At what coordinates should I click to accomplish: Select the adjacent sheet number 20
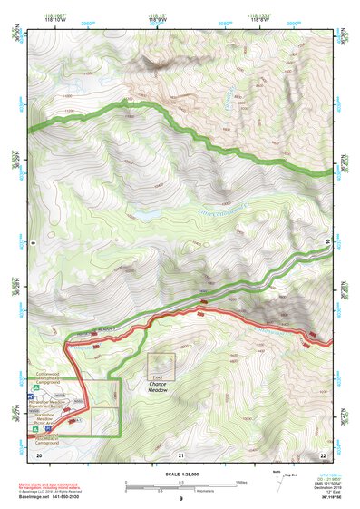pyautogui.click(x=38, y=454)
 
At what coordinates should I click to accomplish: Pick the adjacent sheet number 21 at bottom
pyautogui.click(x=180, y=454)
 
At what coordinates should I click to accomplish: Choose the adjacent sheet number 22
pyautogui.click(x=323, y=454)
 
